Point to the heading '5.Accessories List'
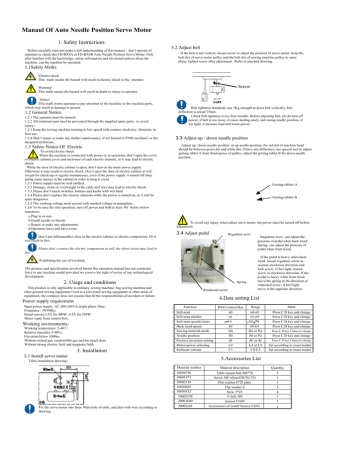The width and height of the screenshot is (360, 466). pos(267,411)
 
